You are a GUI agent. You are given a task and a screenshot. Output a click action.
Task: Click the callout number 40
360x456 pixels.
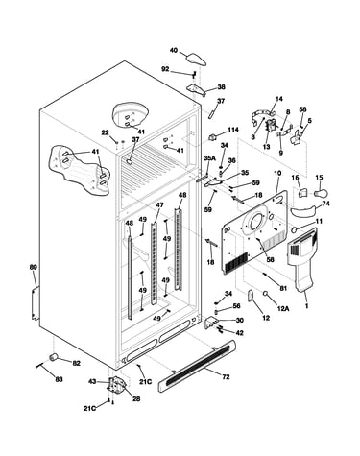coord(173,50)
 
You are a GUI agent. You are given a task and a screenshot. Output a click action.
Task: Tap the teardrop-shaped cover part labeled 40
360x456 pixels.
coord(196,58)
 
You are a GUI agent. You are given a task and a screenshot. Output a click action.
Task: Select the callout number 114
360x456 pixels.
coord(233,130)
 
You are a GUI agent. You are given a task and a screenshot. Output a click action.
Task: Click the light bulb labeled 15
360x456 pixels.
coord(321,193)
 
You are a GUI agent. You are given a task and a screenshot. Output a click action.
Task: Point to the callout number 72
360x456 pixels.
coord(226,377)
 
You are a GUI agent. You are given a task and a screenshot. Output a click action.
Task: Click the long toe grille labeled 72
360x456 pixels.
coord(197,366)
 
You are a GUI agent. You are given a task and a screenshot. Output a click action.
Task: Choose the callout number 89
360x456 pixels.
coord(33,267)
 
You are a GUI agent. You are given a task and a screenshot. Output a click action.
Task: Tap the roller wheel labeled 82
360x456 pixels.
coord(53,356)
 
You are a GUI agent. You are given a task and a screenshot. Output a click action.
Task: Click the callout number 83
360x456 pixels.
coord(59,379)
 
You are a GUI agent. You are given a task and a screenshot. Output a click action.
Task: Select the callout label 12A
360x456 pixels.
coord(283,308)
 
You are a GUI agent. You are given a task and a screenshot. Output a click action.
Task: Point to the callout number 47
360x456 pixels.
coord(159,204)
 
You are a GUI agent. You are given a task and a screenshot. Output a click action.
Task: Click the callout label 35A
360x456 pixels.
coord(209,158)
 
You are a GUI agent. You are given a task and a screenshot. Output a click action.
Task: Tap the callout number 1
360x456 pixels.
coord(306,306)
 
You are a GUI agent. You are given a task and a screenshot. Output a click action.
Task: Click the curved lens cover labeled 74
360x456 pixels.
coord(303,212)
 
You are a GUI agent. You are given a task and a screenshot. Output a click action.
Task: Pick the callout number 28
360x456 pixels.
coord(136,398)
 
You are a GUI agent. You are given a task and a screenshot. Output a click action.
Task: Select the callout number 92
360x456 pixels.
coord(165,69)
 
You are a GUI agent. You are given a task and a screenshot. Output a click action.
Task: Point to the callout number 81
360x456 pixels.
coord(283,288)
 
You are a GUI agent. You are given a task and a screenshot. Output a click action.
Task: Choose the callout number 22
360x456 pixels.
coord(106,132)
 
